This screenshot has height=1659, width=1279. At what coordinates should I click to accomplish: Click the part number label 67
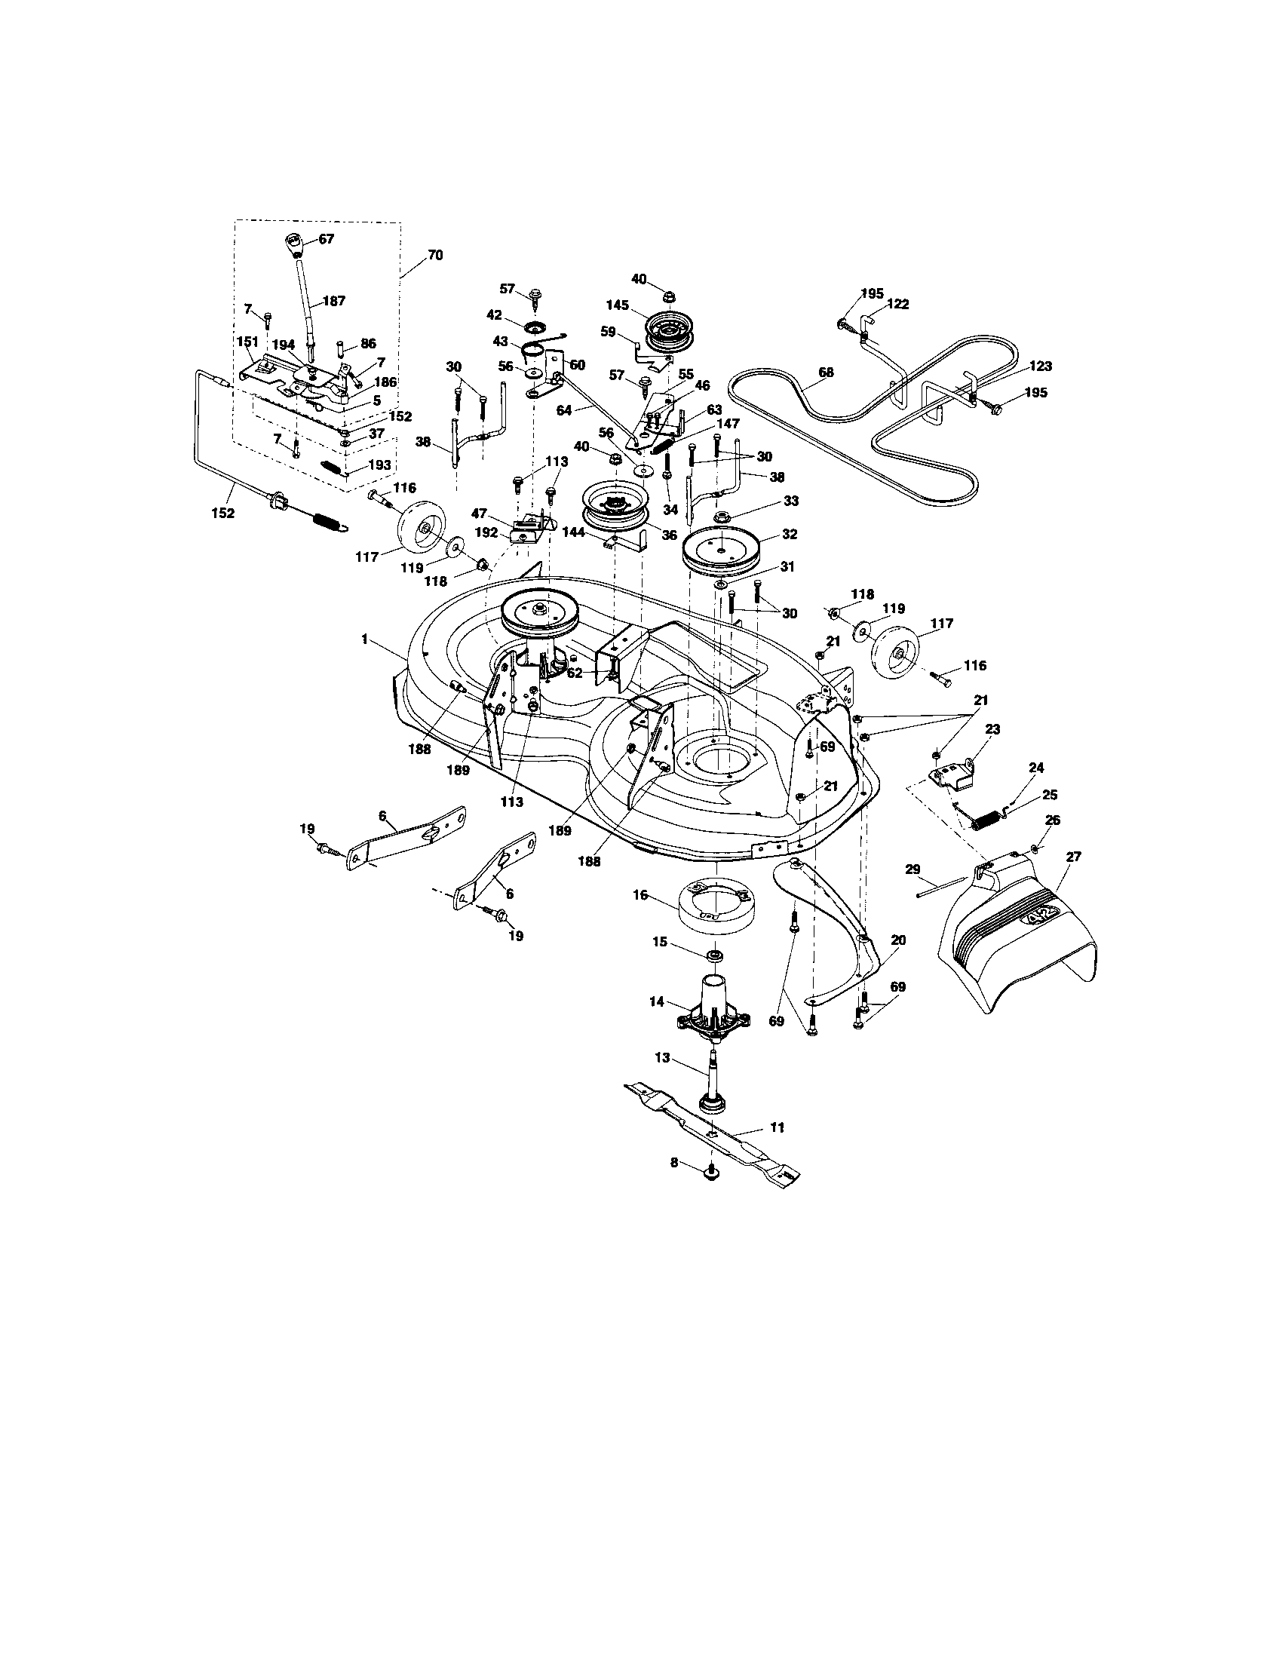(326, 238)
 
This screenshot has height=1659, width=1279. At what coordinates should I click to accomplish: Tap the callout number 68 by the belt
(826, 373)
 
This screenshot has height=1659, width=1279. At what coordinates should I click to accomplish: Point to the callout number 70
(434, 255)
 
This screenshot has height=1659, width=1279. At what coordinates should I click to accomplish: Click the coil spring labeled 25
(986, 820)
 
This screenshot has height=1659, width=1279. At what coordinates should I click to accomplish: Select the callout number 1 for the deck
(364, 640)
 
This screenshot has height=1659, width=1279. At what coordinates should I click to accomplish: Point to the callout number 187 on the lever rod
(334, 301)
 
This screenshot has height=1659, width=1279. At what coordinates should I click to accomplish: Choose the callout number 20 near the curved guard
(897, 940)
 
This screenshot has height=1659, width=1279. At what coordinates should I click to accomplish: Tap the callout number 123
(1041, 366)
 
